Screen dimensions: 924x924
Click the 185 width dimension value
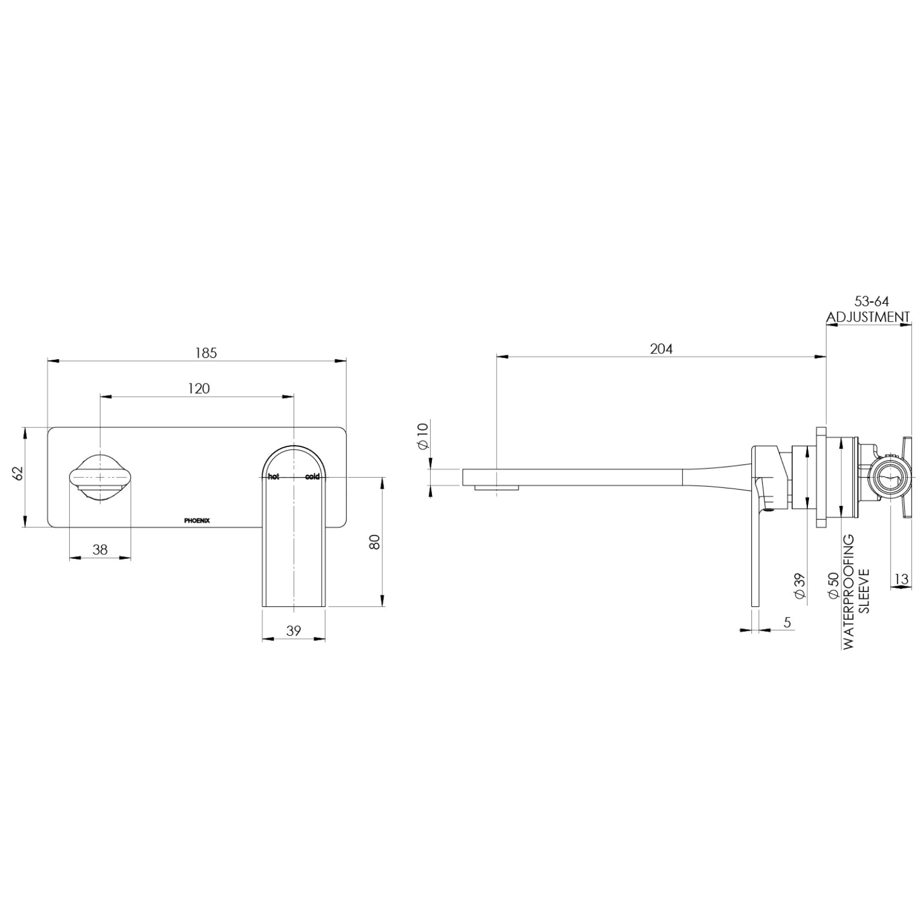[206, 353]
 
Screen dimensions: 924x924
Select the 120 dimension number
[199, 389]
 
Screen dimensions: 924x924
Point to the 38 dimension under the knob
[100, 549]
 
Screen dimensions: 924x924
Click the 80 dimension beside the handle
[375, 542]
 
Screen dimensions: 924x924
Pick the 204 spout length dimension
[661, 349]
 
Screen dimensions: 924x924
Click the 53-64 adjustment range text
[871, 301]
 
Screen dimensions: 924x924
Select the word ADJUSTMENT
[868, 317]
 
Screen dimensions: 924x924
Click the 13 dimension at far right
[901, 578]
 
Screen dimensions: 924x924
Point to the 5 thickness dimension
[787, 622]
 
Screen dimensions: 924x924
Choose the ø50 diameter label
[833, 586]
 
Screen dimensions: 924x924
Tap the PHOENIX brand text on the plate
[197, 520]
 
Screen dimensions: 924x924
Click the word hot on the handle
[273, 476]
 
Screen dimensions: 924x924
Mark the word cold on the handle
[312, 476]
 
